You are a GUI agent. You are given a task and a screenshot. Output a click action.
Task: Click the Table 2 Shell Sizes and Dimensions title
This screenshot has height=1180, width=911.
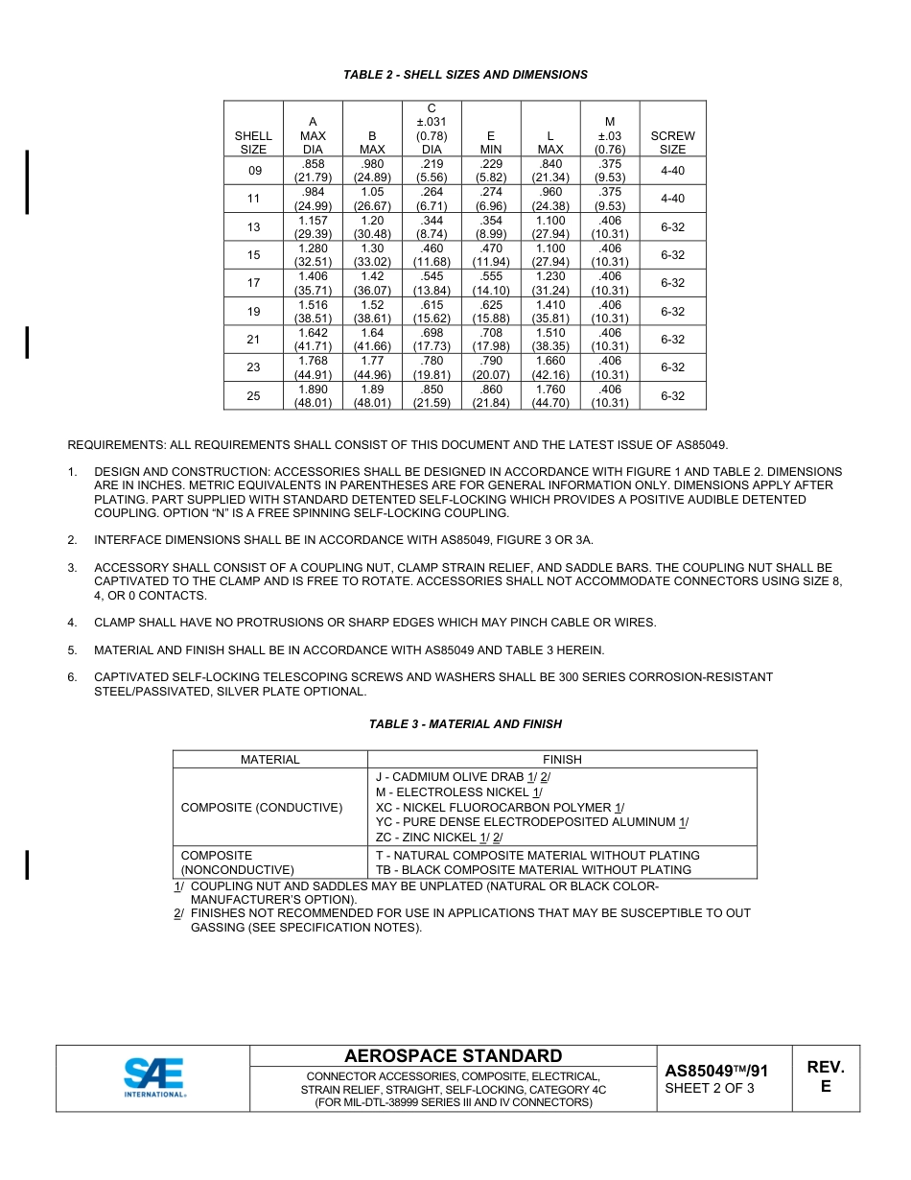tap(465, 75)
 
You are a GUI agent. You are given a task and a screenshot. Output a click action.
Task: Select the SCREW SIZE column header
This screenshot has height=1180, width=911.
tap(672, 143)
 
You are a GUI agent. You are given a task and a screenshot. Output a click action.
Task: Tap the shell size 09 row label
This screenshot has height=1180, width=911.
tap(253, 171)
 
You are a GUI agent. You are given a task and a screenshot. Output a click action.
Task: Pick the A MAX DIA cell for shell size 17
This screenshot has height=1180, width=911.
tap(313, 283)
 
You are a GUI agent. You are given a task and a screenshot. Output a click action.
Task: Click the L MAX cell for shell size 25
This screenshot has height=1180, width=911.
tap(550, 396)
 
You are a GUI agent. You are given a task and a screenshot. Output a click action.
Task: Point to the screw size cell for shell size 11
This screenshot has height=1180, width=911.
tap(672, 199)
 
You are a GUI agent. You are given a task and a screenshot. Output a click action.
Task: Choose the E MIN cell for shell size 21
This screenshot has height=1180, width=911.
tap(491, 340)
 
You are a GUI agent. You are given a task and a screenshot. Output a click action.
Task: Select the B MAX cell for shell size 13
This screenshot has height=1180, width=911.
tap(372, 227)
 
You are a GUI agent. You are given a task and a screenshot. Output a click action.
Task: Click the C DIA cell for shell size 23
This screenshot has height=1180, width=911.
tap(432, 367)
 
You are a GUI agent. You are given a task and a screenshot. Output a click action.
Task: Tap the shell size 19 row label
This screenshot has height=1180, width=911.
tap(253, 312)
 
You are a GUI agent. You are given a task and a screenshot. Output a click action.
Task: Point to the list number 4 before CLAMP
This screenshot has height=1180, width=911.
tap(72, 623)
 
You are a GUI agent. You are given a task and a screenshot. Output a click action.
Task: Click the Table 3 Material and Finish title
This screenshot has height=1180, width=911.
tap(465, 724)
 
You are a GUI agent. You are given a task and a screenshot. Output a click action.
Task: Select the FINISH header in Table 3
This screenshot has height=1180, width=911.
tap(562, 759)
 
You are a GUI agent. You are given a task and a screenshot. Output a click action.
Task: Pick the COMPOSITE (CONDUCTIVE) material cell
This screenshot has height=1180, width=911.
tap(261, 808)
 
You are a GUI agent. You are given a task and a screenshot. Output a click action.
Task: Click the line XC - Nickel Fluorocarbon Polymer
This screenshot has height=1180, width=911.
tap(500, 808)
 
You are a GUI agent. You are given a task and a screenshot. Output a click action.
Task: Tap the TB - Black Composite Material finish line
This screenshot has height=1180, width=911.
tap(533, 870)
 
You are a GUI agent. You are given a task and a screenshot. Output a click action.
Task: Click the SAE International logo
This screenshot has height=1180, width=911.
tap(153, 1077)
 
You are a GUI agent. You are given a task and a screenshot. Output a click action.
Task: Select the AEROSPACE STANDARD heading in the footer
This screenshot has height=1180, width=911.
tap(453, 1056)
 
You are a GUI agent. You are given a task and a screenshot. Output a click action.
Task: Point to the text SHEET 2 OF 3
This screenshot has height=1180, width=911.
tap(709, 1088)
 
